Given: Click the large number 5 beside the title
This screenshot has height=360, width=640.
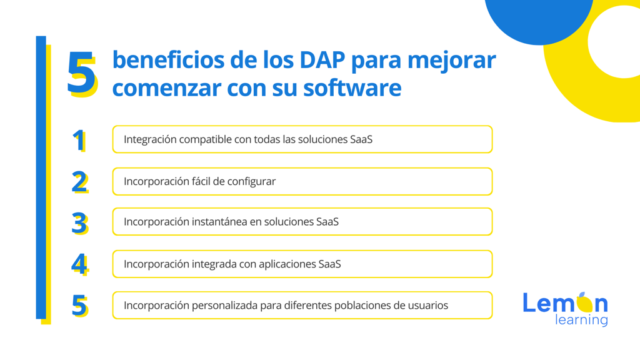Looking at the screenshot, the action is pos(82,74).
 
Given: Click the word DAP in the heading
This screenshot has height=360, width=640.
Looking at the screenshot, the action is pos(322,59).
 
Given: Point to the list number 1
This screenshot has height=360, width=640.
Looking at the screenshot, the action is pos(79,141).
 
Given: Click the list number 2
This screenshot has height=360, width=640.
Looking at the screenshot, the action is pos(79,182).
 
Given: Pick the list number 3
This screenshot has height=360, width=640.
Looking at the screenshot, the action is pos(79,223).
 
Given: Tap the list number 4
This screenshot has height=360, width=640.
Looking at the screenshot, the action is pos(79,264).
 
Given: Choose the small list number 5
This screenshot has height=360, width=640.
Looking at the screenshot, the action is pos(79,306).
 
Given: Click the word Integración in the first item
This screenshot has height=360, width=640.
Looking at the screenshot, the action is pos(150,139).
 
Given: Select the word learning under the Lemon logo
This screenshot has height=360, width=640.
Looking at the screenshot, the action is pos(581,320).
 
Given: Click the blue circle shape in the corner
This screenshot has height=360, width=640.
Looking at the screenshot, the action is pos(539,21).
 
